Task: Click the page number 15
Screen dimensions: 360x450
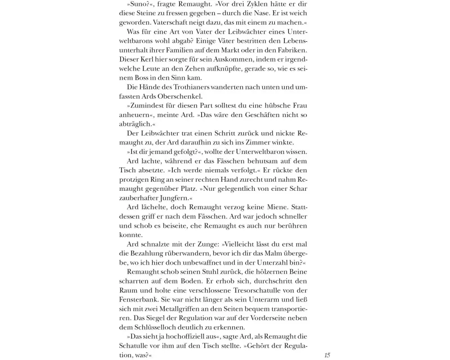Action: [327, 355]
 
